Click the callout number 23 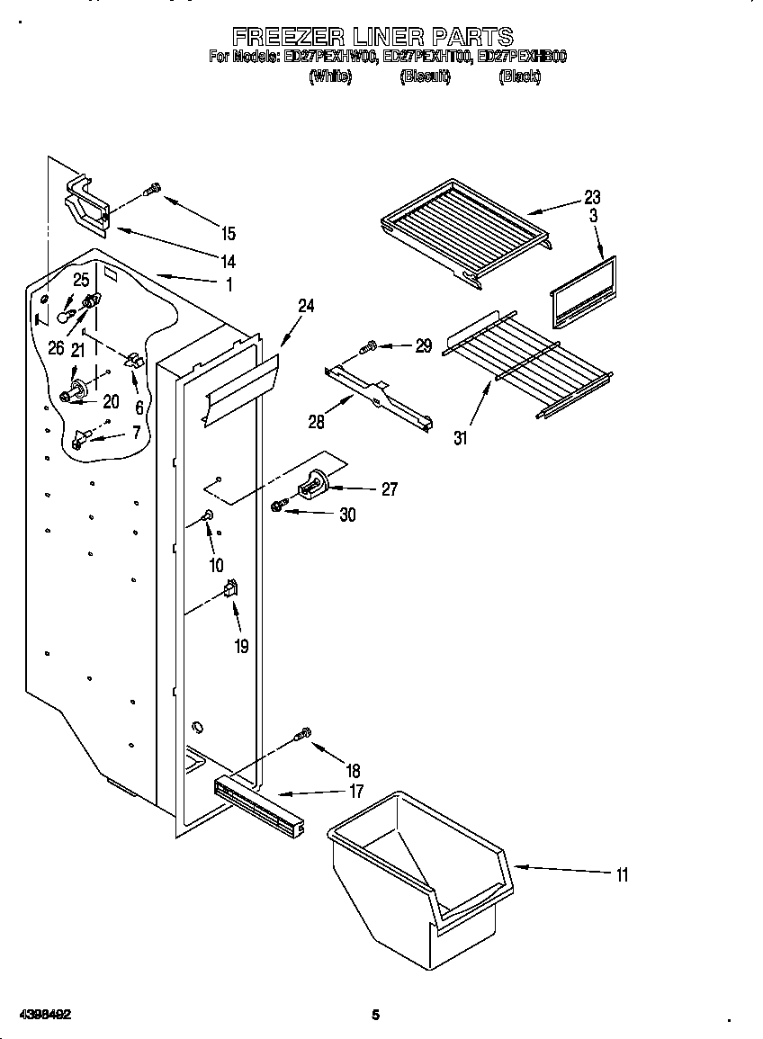(x=592, y=197)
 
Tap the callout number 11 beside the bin (x=622, y=874)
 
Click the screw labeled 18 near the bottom (x=304, y=735)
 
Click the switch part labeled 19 (x=230, y=589)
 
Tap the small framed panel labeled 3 (x=582, y=292)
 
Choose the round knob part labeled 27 (x=314, y=485)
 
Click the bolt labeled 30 (x=278, y=508)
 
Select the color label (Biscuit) (x=425, y=77)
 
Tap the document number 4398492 (x=42, y=1015)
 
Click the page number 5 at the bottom (x=376, y=1016)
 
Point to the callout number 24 (x=306, y=306)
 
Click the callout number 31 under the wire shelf (x=461, y=438)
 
